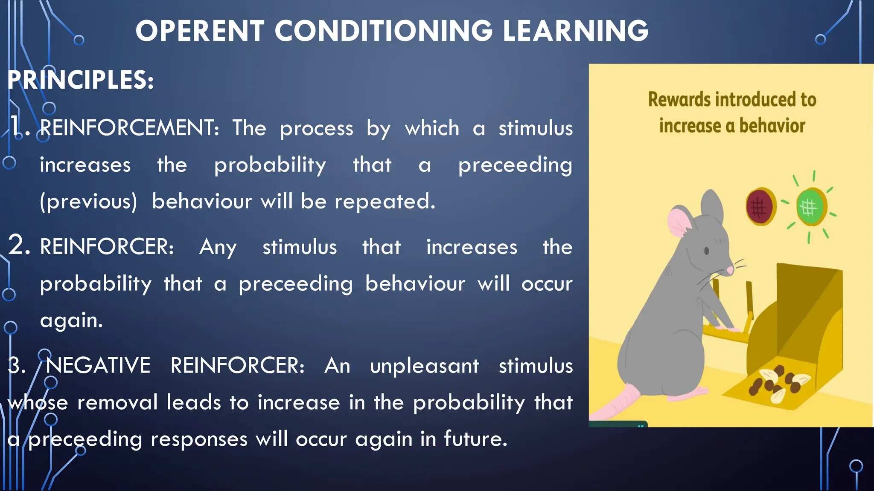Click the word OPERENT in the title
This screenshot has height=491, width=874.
(200, 31)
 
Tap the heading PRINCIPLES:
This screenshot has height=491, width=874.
(80, 80)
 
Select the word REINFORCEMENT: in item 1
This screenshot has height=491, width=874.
(129, 128)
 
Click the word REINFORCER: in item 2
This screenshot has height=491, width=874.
(107, 247)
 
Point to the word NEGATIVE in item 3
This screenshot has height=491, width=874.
(98, 366)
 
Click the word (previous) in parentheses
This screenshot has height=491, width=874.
(88, 202)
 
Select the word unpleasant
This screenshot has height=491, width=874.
(424, 366)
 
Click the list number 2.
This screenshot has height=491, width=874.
(19, 246)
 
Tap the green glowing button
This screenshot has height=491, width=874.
(810, 208)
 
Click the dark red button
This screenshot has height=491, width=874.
(760, 207)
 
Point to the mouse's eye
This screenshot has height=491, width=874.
(707, 251)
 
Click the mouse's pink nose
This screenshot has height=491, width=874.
(730, 270)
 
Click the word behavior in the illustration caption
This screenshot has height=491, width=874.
(772, 126)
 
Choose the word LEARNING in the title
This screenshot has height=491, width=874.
(575, 31)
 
